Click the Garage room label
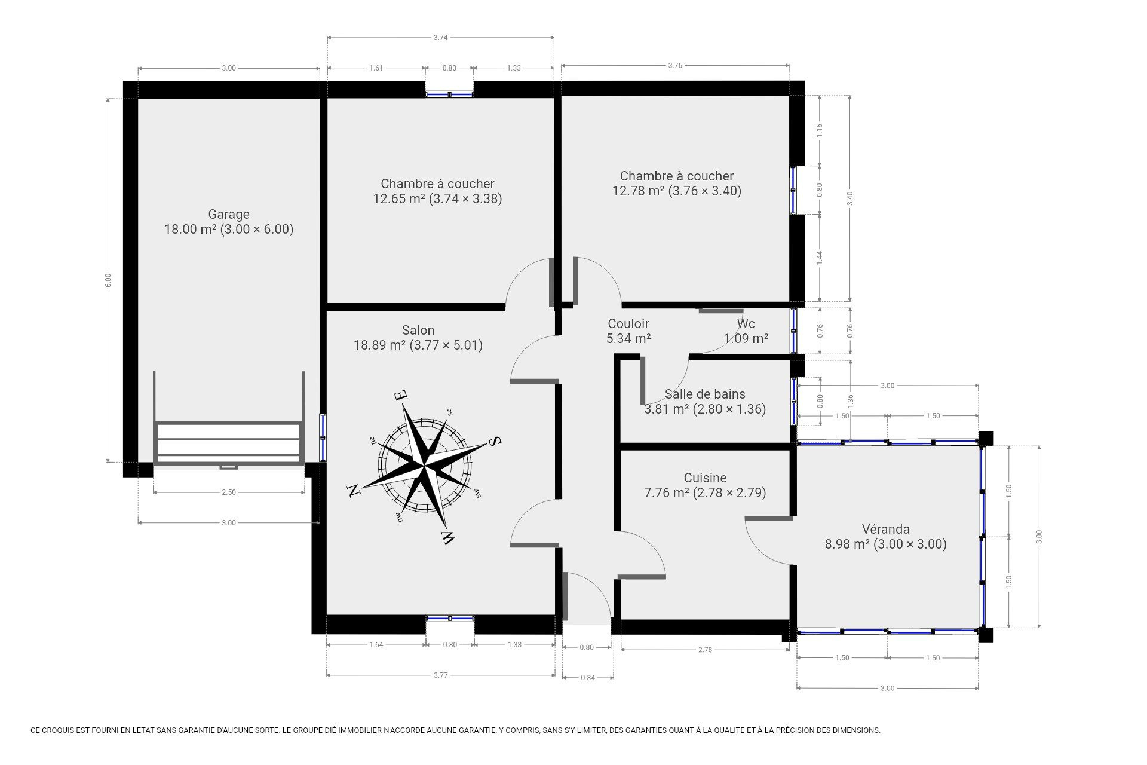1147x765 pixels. [229, 214]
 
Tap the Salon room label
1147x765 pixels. [418, 330]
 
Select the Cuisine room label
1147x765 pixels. [706, 478]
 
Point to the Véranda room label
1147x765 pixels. [886, 529]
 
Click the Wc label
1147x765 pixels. [746, 323]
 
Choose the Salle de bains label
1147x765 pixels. [705, 394]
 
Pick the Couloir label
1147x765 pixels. [628, 323]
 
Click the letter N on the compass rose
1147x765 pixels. [354, 490]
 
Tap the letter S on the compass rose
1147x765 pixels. [495, 441]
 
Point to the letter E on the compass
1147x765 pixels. [401, 395]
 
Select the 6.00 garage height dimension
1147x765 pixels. [108, 280]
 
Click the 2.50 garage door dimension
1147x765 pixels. [229, 492]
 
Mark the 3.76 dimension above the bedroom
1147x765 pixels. [675, 65]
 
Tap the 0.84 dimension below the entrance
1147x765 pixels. [588, 677]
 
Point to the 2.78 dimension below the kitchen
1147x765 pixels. [705, 650]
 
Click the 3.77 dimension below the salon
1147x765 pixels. [440, 675]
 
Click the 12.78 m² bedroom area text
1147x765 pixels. [639, 191]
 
